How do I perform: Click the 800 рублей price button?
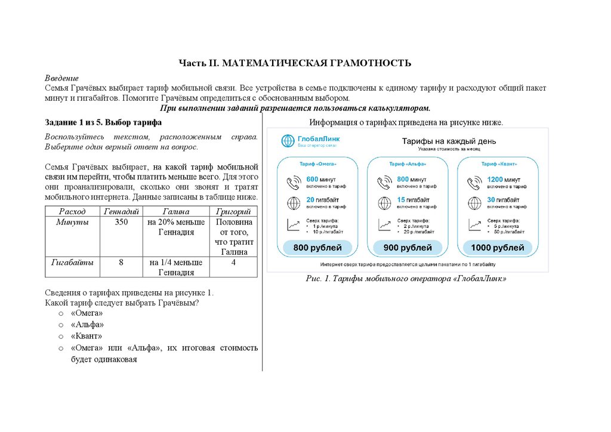pyautogui.click(x=317, y=248)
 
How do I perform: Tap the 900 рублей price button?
pyautogui.click(x=408, y=248)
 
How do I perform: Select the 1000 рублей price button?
pyautogui.click(x=498, y=248)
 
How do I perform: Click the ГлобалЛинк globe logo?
pyautogui.click(x=288, y=141)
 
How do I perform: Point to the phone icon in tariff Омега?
pyautogui.click(x=294, y=183)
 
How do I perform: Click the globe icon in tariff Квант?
pyautogui.click(x=475, y=203)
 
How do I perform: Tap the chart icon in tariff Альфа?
pyautogui.click(x=384, y=225)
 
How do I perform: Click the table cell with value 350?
pyautogui.click(x=121, y=222)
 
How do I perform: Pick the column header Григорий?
pyautogui.click(x=233, y=211)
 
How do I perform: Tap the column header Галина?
pyautogui.click(x=175, y=211)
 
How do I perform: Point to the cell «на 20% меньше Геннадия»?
pyautogui.click(x=175, y=227)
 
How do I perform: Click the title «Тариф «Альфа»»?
pyautogui.click(x=408, y=163)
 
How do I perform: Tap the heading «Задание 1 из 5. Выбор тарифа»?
pyautogui.click(x=103, y=122)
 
